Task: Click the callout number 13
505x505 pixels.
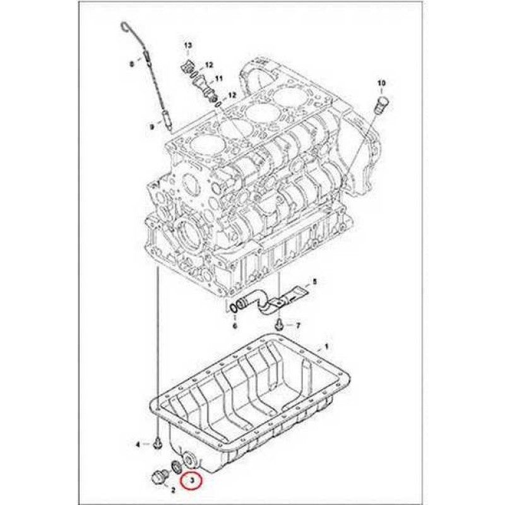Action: tap(187, 45)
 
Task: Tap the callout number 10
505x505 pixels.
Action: tap(381, 83)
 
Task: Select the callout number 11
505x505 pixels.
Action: tap(219, 78)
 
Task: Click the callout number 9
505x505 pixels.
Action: tap(151, 127)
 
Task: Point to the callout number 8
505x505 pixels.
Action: tap(131, 64)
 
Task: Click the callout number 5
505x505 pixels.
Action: tap(314, 282)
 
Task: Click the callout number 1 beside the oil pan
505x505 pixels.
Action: tap(326, 347)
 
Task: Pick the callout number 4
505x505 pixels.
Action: tap(138, 445)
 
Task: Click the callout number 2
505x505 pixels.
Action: tap(173, 490)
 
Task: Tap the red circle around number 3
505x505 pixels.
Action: tap(191, 482)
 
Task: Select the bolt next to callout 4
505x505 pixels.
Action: tap(157, 444)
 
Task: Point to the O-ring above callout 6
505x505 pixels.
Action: tap(234, 308)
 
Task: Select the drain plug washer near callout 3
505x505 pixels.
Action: tap(177, 466)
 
